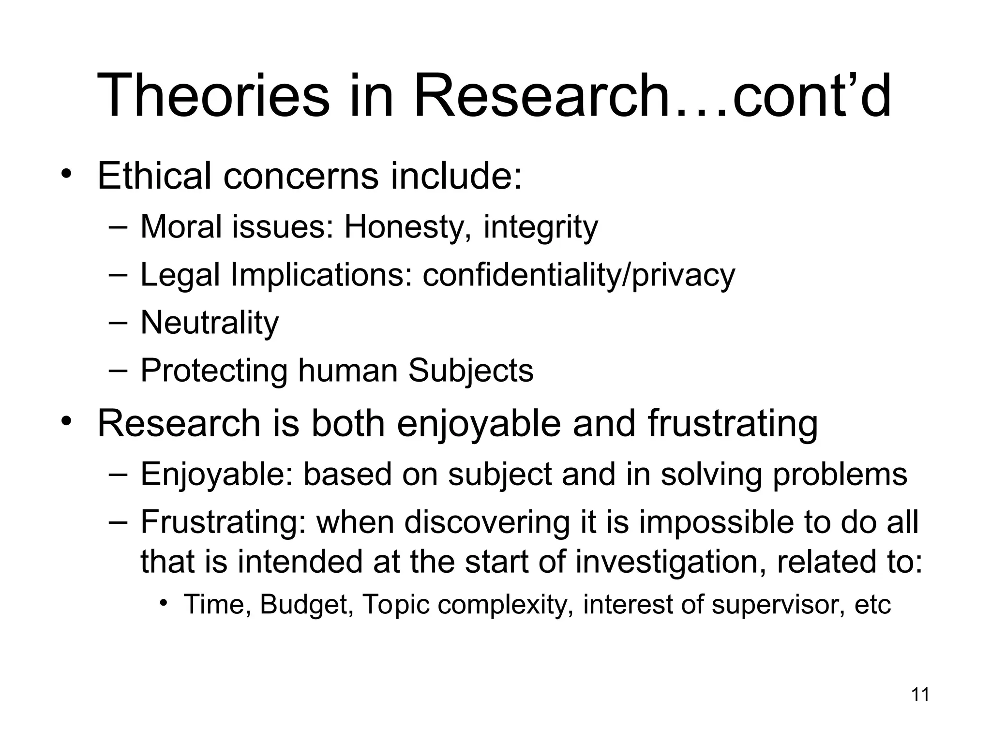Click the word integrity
(x=541, y=227)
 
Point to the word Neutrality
(x=210, y=322)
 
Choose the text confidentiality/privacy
(x=579, y=275)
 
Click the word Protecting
(x=213, y=371)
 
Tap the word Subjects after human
(x=470, y=371)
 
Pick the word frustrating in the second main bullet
(x=733, y=423)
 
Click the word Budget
(x=305, y=604)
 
